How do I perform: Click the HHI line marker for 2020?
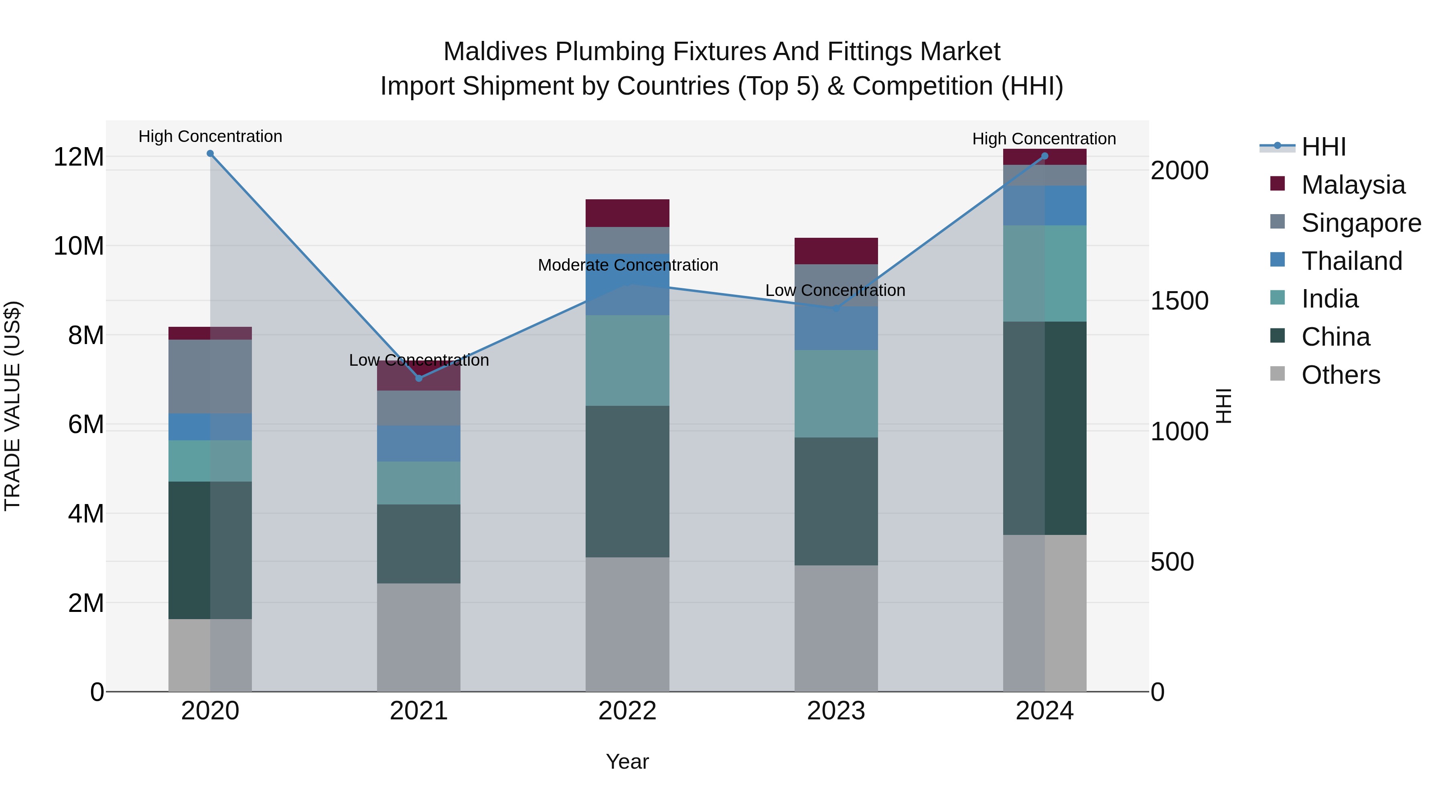point(210,154)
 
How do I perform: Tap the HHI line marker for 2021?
point(419,378)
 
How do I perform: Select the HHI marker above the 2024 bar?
point(1044,156)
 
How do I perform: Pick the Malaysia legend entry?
point(1353,185)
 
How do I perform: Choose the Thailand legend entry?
point(1351,261)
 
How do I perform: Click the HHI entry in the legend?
point(1323,147)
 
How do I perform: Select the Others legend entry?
point(1340,375)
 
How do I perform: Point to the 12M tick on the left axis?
point(79,157)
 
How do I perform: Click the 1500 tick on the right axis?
point(1179,301)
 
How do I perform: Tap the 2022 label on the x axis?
point(627,711)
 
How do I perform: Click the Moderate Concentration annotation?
point(628,265)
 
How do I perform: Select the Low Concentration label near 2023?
point(835,290)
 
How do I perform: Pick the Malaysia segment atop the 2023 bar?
point(836,251)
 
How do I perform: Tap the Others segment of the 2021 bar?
point(419,637)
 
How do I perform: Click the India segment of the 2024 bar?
point(1044,273)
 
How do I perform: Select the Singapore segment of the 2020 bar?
point(210,377)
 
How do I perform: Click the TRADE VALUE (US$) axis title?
point(12,406)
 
